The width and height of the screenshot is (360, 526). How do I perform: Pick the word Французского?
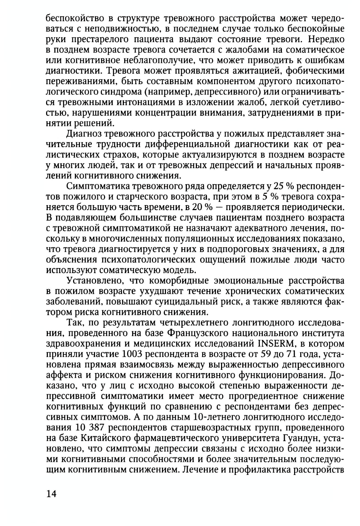pyautogui.click(x=193, y=332)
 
